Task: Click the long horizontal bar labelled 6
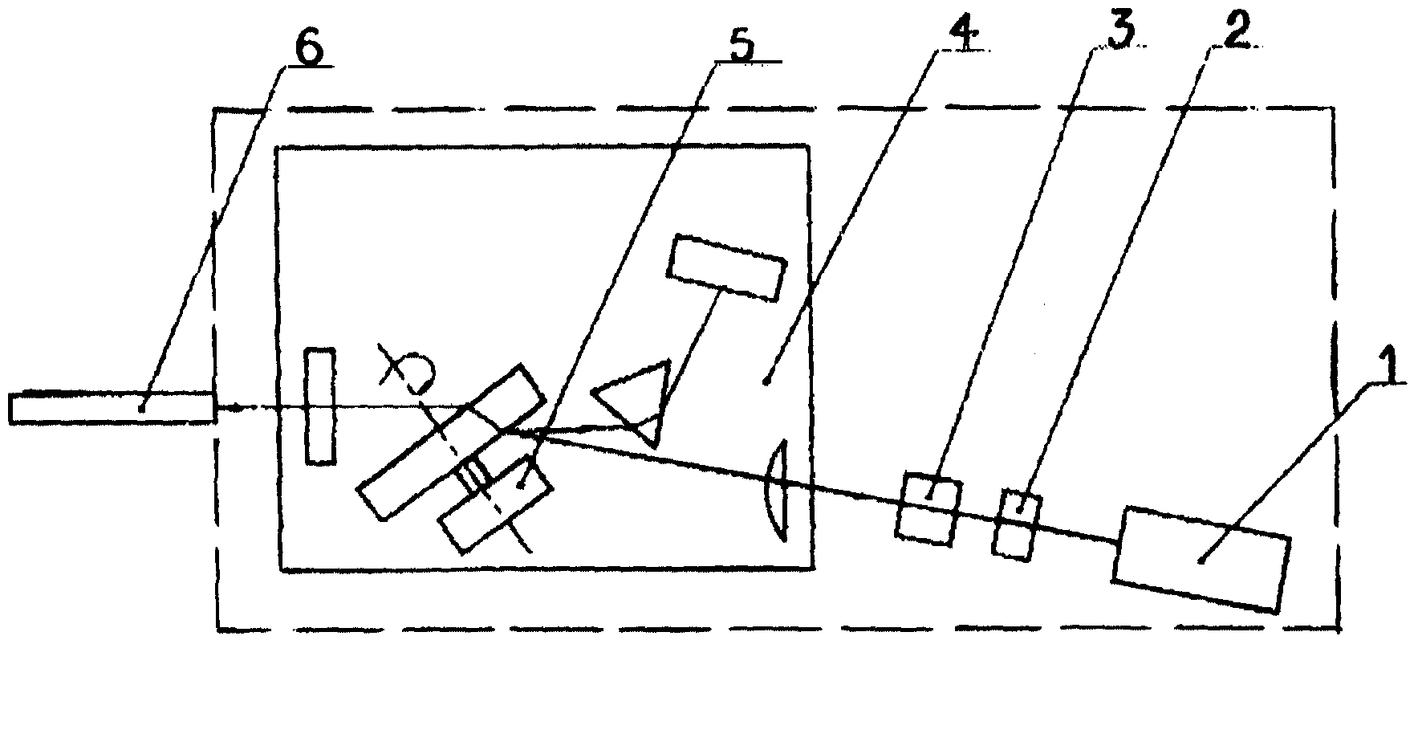point(112,407)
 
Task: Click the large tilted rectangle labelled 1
point(1201,558)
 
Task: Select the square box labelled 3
point(928,510)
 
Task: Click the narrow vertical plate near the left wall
point(320,406)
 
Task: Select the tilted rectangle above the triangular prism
point(727,268)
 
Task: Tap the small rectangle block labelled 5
point(494,504)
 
